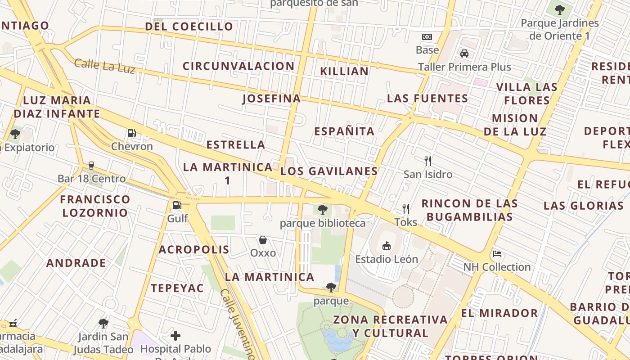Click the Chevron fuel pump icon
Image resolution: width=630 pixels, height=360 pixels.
[x=131, y=133]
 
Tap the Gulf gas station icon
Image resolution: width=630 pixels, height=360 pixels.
[x=177, y=205]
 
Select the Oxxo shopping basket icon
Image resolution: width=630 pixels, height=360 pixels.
[x=263, y=240]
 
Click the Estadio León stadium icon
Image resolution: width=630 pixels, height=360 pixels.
[x=386, y=246]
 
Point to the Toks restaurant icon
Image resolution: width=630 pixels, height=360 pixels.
[x=406, y=209]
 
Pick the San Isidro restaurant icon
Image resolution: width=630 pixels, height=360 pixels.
[x=428, y=161]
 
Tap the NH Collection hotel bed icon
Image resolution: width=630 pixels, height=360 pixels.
[x=497, y=254]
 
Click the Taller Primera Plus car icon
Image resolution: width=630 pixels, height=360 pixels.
[x=464, y=54]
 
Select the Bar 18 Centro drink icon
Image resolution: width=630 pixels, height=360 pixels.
[x=91, y=166]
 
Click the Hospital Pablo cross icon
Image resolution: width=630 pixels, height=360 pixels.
[x=175, y=335]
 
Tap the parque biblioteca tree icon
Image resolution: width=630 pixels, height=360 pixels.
[x=322, y=209]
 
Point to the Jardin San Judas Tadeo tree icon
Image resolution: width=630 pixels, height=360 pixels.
[x=103, y=323]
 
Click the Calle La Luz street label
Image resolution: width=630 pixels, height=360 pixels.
[x=105, y=66]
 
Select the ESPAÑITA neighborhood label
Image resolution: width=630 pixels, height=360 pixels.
[x=344, y=131]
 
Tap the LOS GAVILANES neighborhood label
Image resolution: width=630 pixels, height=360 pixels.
[x=329, y=171]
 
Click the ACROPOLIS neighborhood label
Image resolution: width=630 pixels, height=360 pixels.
[x=194, y=250]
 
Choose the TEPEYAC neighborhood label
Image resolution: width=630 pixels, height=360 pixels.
[x=177, y=288]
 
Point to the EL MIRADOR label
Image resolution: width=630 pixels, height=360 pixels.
[x=499, y=313]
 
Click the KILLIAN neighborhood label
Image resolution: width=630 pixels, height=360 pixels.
[x=344, y=71]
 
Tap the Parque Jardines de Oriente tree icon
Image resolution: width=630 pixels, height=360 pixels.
[x=559, y=9]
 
